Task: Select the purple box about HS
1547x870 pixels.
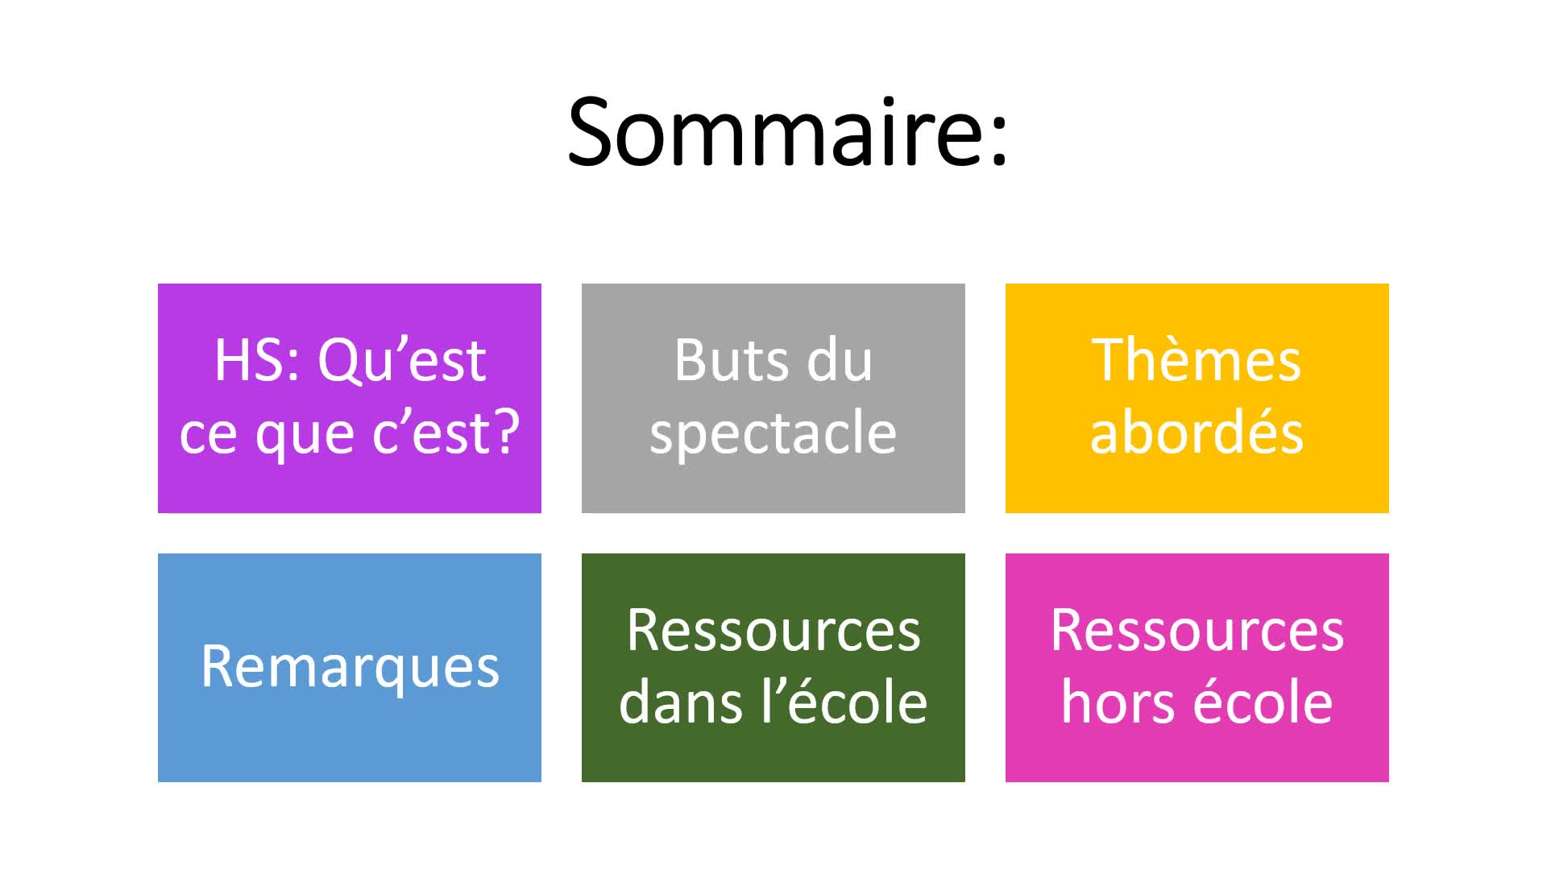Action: coord(350,398)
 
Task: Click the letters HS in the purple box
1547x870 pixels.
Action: coord(248,360)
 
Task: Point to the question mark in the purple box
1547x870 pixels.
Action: coord(504,432)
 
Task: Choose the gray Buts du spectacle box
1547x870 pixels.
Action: coord(773,398)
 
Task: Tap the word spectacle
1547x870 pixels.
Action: coord(773,434)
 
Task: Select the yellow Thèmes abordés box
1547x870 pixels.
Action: coord(1197,398)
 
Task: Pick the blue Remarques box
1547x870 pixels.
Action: coord(350,668)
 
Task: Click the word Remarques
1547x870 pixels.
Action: coord(350,668)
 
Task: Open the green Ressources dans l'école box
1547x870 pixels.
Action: coord(773,668)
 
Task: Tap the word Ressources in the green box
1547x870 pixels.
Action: coord(773,631)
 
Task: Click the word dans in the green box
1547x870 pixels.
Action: coord(680,702)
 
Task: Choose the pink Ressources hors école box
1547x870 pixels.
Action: coord(1197,668)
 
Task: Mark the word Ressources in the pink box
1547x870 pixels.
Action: coord(1197,631)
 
